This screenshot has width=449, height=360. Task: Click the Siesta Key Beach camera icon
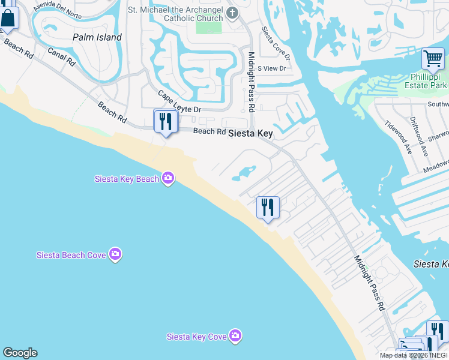(x=168, y=178)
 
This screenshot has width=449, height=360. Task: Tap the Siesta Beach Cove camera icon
(x=116, y=254)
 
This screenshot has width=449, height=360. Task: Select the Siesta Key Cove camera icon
(x=235, y=336)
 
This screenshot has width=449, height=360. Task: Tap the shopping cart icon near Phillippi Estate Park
(x=432, y=59)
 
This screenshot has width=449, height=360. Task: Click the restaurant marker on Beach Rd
(x=164, y=122)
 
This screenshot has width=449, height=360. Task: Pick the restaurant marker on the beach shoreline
(x=267, y=208)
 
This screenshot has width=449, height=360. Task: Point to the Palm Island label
(x=97, y=37)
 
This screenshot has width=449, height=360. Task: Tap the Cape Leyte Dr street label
(x=179, y=102)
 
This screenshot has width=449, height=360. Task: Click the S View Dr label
(x=271, y=68)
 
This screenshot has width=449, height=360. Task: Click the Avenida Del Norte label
(x=58, y=6)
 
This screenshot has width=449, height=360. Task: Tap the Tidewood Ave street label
(x=398, y=139)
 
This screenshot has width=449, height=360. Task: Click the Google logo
(x=20, y=353)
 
